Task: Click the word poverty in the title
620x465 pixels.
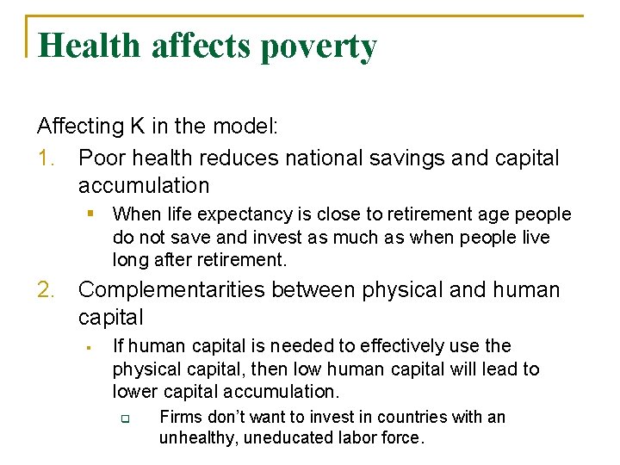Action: pos(319,46)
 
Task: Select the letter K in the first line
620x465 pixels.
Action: pos(138,127)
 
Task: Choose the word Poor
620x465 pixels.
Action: pos(99,158)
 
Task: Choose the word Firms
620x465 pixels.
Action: pos(182,417)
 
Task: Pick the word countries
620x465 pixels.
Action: pos(404,417)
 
